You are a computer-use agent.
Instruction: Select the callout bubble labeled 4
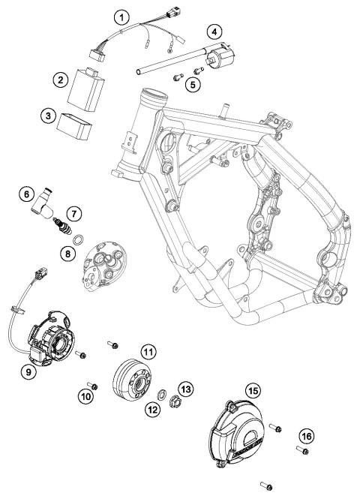(x=215, y=32)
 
